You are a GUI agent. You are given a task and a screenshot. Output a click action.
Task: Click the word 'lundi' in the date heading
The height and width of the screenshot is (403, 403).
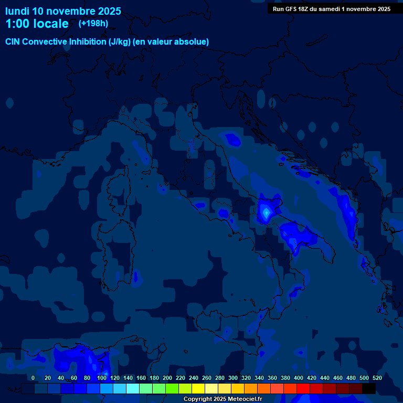pos(17,11)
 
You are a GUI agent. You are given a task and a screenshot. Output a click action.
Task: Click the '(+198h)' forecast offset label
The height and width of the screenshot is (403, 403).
pos(93,24)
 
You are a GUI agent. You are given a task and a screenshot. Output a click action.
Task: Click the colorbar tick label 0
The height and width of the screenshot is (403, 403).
pos(33,378)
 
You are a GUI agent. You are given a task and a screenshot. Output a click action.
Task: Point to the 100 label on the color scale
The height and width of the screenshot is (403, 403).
pos(102,378)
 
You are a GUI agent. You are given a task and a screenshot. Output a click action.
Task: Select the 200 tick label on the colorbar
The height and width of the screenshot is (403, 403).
pos(167,378)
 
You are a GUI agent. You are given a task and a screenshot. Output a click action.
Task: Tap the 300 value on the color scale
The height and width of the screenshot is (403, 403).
pos(233,378)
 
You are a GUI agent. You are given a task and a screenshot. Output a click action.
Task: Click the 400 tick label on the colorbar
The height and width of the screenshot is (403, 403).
pos(299,378)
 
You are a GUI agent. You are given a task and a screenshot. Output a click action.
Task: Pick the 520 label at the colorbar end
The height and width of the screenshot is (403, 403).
pos(377,378)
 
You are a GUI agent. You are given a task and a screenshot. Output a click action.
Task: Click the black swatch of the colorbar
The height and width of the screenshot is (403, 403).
pos(369,388)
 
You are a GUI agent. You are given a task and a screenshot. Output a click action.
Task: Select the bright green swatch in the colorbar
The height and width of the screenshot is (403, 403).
pos(172,388)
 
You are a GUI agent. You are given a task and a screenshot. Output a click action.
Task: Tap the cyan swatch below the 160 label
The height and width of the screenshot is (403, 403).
pos(133,388)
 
